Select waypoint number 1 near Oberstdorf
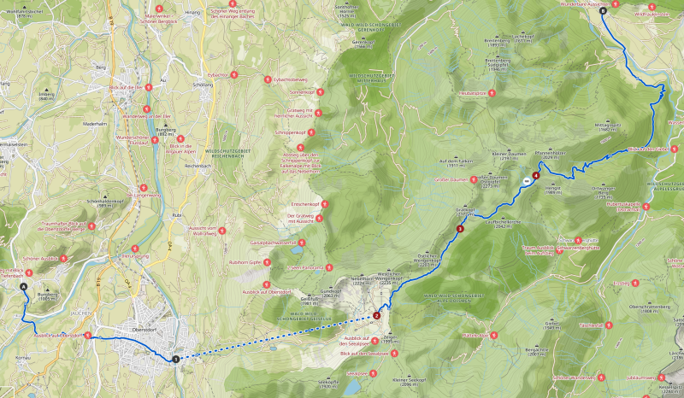[175, 359]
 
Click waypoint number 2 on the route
[376, 315]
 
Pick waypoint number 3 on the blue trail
[460, 228]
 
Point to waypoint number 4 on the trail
[536, 176]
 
